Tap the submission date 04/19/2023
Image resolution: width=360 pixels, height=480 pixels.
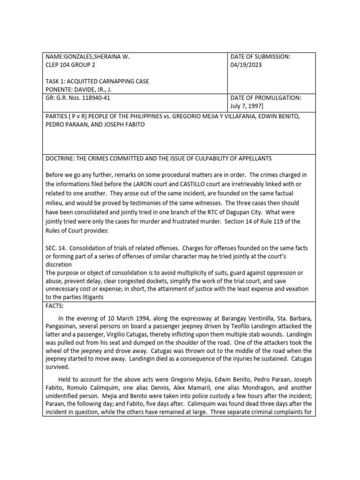246,65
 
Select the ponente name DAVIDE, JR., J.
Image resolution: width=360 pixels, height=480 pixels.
100,89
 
